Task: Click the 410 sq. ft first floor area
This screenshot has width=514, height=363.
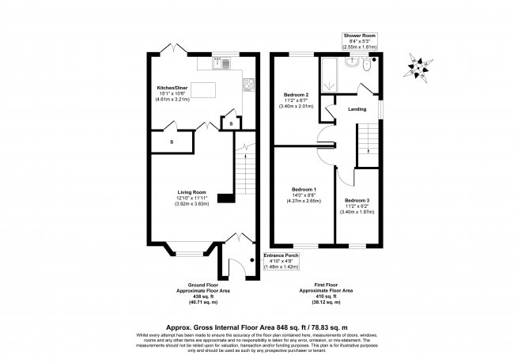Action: (320, 297)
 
